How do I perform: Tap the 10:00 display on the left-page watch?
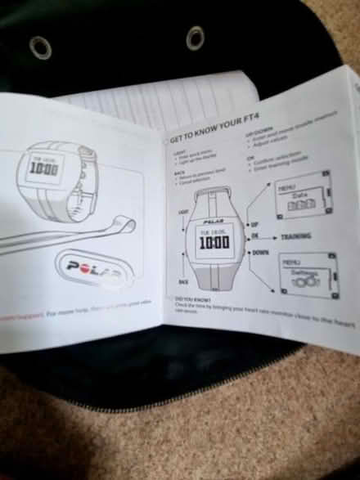click(x=43, y=169)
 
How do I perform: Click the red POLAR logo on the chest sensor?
click(x=95, y=268)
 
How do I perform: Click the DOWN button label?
click(x=260, y=253)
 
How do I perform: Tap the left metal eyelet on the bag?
click(x=40, y=47)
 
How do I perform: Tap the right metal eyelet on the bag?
click(x=195, y=36)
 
